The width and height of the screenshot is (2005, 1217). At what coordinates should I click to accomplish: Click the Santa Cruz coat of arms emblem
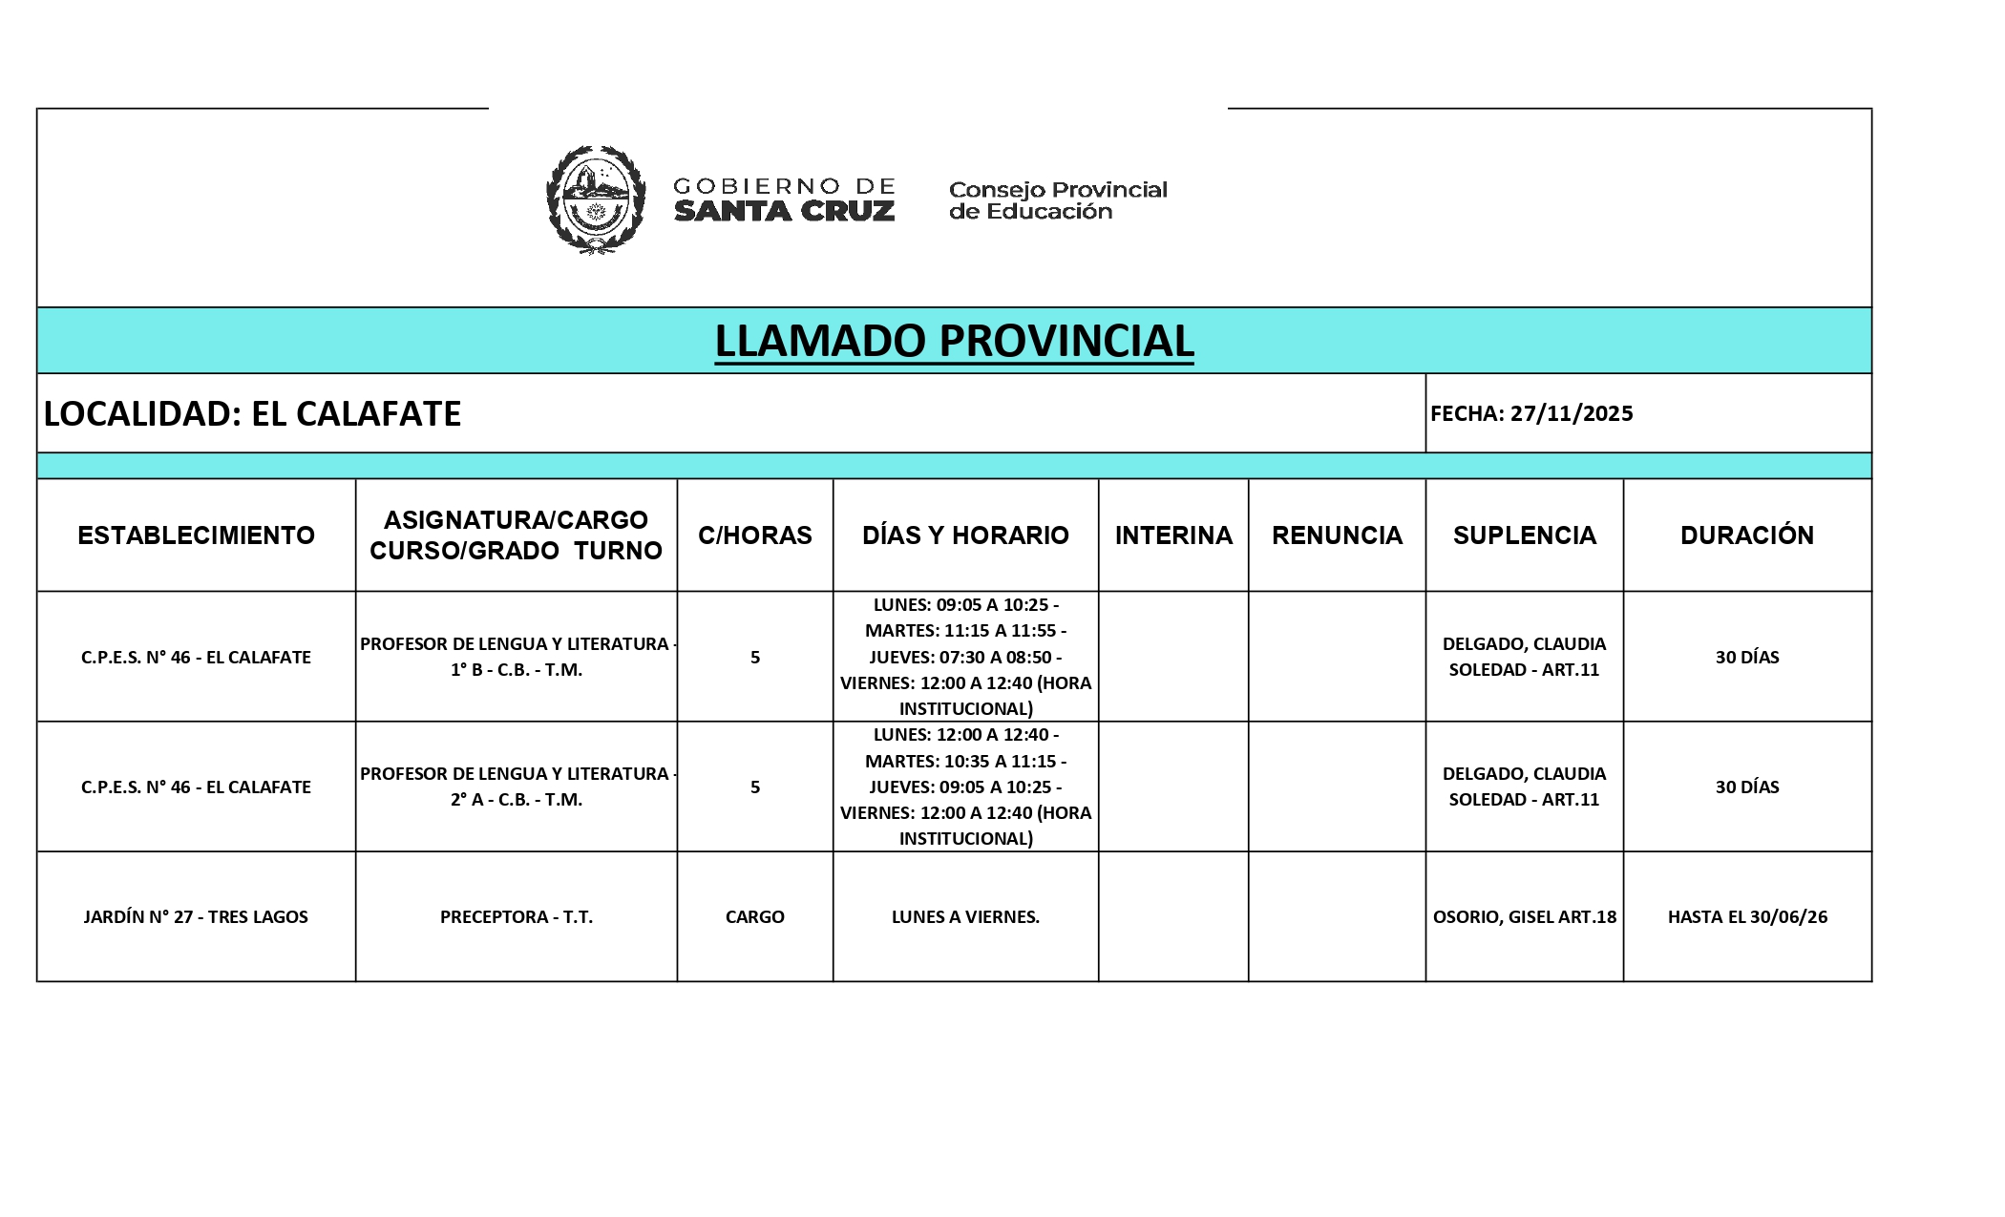pyautogui.click(x=595, y=199)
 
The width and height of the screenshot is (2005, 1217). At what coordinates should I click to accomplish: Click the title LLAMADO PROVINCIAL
pyautogui.click(x=954, y=341)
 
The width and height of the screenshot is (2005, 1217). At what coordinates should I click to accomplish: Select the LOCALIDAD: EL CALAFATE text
pyautogui.click(x=253, y=413)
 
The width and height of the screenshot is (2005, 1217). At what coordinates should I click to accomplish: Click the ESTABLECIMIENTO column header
pyautogui.click(x=196, y=535)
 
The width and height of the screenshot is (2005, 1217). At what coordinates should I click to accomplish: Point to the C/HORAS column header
pyautogui.click(x=754, y=535)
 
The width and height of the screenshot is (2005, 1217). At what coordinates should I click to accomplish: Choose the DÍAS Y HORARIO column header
pyautogui.click(x=965, y=535)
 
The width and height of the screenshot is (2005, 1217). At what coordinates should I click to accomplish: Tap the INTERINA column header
pyautogui.click(x=1173, y=535)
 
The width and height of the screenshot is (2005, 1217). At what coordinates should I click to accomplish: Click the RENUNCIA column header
pyautogui.click(x=1337, y=535)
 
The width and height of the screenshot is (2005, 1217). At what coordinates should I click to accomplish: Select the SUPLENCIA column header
pyautogui.click(x=1524, y=535)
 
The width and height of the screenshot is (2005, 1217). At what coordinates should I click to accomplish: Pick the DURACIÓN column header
pyautogui.click(x=1747, y=535)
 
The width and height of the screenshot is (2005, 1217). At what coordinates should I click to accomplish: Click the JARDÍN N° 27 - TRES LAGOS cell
pyautogui.click(x=196, y=916)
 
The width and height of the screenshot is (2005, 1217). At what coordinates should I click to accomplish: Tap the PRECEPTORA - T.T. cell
pyautogui.click(x=517, y=916)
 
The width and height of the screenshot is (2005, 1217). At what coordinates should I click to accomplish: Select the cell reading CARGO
pyautogui.click(x=754, y=916)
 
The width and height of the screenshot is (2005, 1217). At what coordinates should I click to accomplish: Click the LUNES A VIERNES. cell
pyautogui.click(x=965, y=916)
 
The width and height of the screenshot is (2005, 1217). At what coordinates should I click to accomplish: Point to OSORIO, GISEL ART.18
pyautogui.click(x=1524, y=916)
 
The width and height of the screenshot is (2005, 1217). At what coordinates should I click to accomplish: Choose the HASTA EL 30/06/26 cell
pyautogui.click(x=1747, y=916)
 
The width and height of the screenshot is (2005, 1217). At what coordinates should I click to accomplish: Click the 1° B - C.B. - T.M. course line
pyautogui.click(x=517, y=670)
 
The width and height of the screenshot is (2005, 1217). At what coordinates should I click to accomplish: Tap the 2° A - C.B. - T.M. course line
pyautogui.click(x=517, y=800)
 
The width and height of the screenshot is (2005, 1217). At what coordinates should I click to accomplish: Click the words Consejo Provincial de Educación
pyautogui.click(x=1058, y=200)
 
